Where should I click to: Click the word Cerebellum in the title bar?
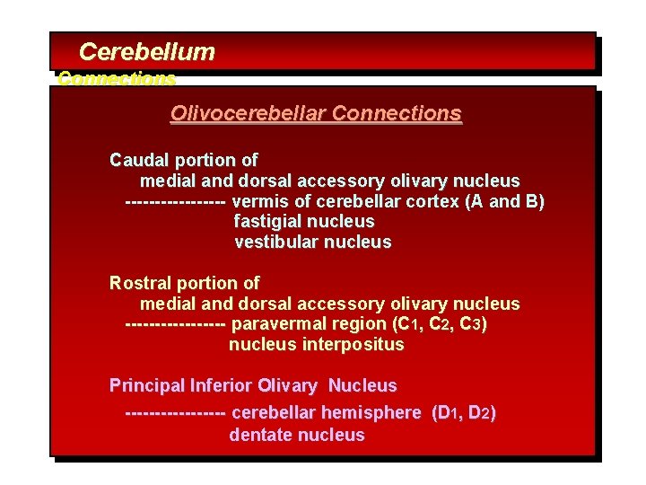click(x=147, y=52)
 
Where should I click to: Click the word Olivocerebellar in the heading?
click(x=248, y=114)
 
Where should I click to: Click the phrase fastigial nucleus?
click(x=304, y=221)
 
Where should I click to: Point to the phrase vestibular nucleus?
click(x=313, y=242)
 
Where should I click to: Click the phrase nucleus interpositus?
click(x=317, y=345)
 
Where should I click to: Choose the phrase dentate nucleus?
click(x=297, y=435)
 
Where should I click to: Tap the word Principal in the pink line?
click(x=147, y=386)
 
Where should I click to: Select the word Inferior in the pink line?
click(x=222, y=386)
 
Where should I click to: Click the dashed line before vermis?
click(x=175, y=201)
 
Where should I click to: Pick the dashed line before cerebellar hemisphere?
click(x=175, y=413)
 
